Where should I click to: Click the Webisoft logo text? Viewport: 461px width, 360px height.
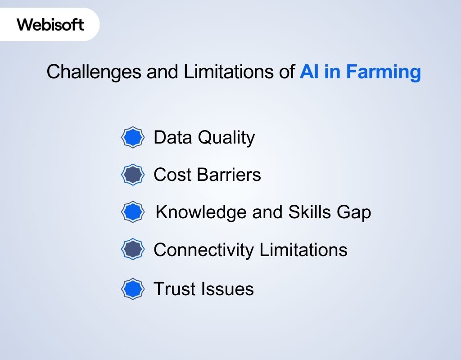[x=50, y=24]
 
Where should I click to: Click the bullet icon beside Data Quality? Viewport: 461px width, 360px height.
[x=133, y=137]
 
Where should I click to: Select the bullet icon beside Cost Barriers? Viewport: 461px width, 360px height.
[x=133, y=175]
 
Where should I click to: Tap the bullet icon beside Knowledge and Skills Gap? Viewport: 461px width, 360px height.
[x=133, y=212]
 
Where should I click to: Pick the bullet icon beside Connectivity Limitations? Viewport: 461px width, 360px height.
[x=133, y=249]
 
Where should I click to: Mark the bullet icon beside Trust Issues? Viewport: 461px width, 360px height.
[x=133, y=289]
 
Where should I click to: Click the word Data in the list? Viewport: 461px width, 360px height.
[x=173, y=137]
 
